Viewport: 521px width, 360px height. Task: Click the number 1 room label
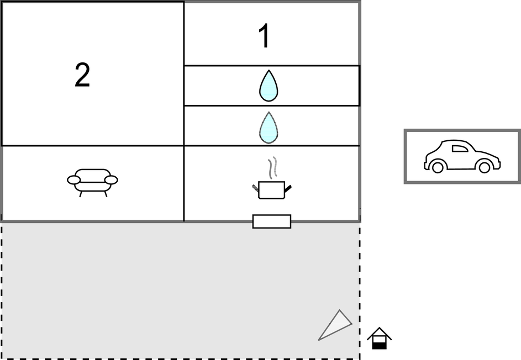click(265, 36)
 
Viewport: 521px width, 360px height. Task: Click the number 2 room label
click(82, 75)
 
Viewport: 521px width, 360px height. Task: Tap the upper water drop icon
click(269, 86)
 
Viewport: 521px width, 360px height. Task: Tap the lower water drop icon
click(269, 128)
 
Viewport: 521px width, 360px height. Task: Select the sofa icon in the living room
click(92, 182)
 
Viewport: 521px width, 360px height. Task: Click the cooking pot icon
click(271, 190)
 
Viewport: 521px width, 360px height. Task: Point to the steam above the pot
click(272, 168)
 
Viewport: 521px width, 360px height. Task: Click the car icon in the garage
click(462, 156)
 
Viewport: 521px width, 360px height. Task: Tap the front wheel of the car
click(484, 167)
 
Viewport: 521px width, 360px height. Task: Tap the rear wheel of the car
click(437, 167)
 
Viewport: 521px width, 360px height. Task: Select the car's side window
click(460, 149)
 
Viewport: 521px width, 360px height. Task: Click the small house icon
click(380, 338)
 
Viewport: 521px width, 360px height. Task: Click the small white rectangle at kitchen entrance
click(272, 221)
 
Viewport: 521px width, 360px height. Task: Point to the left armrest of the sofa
click(74, 180)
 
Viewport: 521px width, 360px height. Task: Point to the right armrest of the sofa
click(111, 180)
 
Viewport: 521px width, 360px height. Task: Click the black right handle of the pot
click(288, 189)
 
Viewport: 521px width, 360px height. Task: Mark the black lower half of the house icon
click(380, 346)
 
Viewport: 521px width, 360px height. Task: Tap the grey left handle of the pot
click(255, 188)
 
